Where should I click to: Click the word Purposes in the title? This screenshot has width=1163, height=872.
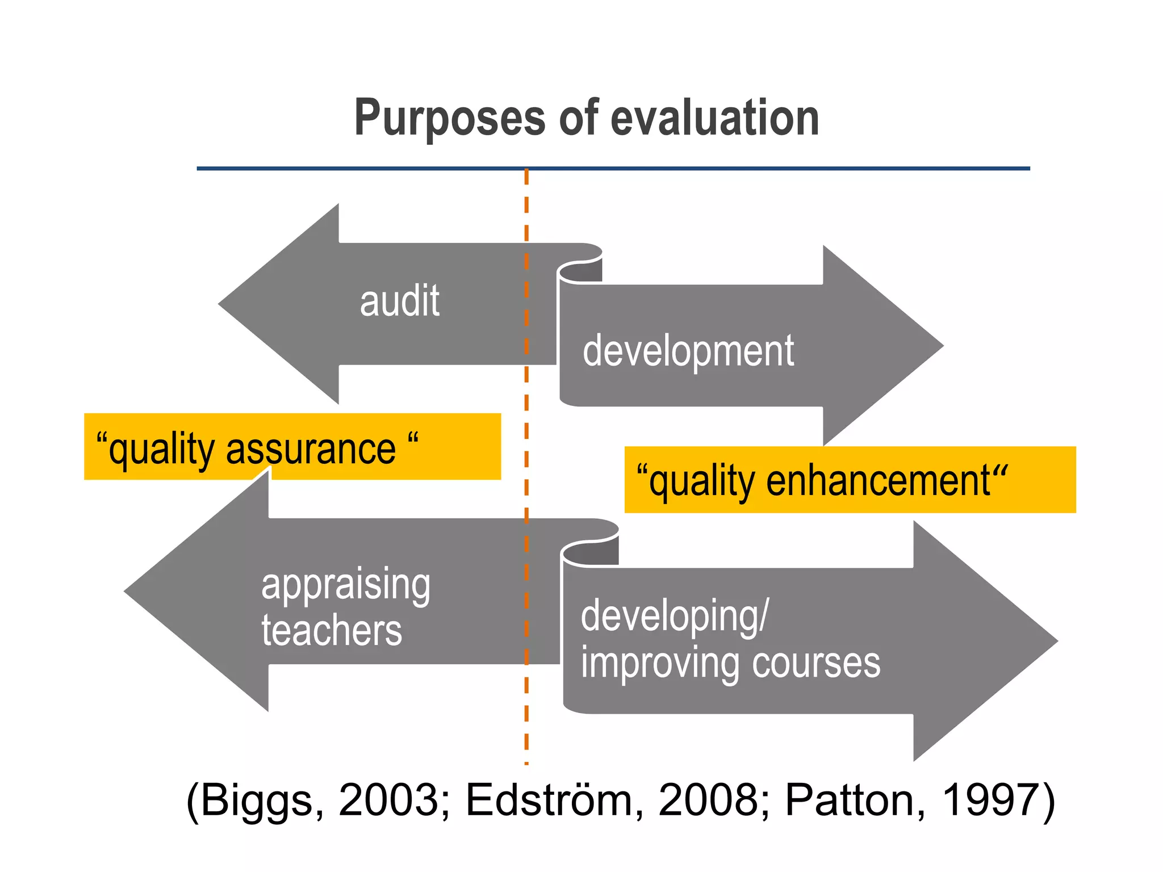[x=449, y=119]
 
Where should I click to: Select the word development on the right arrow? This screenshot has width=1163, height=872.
[x=688, y=352]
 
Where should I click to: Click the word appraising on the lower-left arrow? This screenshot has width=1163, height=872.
[x=346, y=585]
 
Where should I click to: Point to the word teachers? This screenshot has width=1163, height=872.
[x=332, y=631]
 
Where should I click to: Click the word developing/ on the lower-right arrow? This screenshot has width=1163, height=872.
[x=675, y=617]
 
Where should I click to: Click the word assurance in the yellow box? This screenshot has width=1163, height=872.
[x=311, y=450]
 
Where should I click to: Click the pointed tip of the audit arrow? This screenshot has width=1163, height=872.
[x=221, y=304]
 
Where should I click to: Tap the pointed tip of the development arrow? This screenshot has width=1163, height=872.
[x=940, y=345]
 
